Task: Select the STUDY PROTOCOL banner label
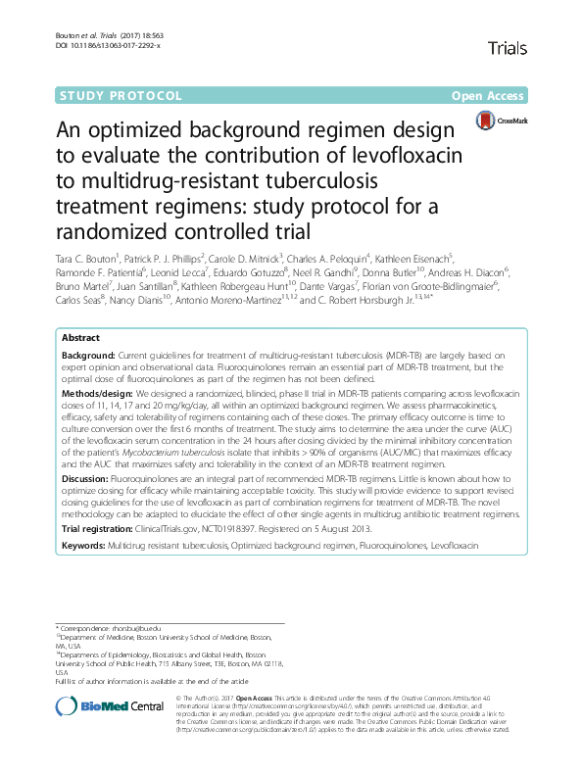[x=122, y=96]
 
